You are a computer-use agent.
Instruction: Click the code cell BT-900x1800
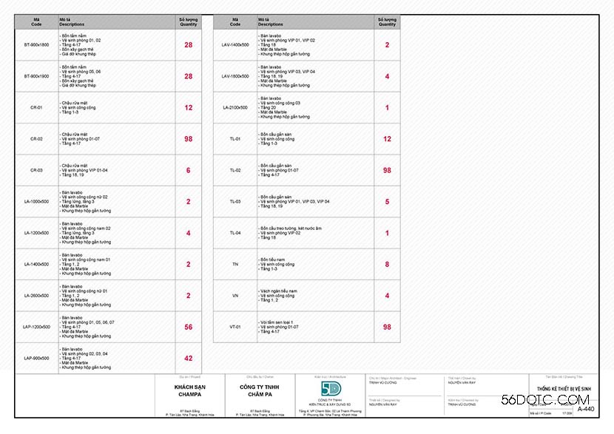[x=36, y=45]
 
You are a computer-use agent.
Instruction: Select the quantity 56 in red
[x=189, y=327]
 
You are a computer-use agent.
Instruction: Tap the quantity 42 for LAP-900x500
[x=189, y=358]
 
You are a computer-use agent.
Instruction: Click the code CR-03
[x=36, y=170]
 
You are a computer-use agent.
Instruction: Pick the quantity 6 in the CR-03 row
[x=189, y=170]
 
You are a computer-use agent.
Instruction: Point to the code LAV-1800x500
[x=235, y=76]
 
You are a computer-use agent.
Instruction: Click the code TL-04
[x=235, y=233]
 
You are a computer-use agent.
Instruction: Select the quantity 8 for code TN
[x=387, y=264]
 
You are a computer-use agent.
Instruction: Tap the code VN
[x=235, y=295]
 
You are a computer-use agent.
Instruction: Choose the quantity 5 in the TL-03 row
[x=387, y=201]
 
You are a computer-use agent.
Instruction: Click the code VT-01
[x=235, y=326]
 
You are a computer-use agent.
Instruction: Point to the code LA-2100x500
[x=235, y=107]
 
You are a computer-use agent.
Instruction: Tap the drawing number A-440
[x=585, y=409]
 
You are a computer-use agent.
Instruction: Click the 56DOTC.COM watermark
[x=534, y=400]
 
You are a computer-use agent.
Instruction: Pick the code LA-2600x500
[x=36, y=295]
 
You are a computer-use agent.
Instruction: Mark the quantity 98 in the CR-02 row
[x=189, y=139]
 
